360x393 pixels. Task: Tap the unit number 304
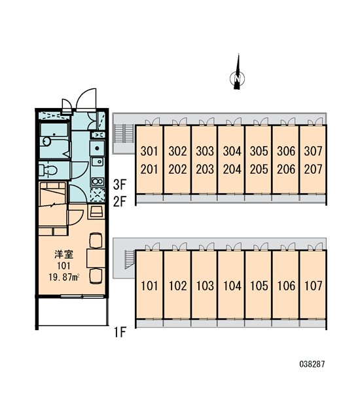pos(232,151)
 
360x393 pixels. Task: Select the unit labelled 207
pos(313,169)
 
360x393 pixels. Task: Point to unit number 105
pos(259,286)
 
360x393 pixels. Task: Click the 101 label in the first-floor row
pos(149,286)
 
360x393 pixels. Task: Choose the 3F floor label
pos(120,185)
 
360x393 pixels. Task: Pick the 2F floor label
pos(120,201)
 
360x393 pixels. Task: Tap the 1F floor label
pos(120,332)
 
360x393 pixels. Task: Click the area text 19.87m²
pos(64,277)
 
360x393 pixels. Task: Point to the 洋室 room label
pos(64,254)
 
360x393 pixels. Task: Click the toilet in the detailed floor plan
pos(48,170)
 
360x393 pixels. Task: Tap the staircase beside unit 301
pos(124,134)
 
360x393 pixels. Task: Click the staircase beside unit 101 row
pos(130,259)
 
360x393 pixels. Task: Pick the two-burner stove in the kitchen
pos(98,181)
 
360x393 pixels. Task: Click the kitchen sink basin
pos(98,162)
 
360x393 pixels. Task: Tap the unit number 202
pos(177,169)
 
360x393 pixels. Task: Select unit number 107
pos(313,286)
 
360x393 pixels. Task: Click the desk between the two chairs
pos(96,258)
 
